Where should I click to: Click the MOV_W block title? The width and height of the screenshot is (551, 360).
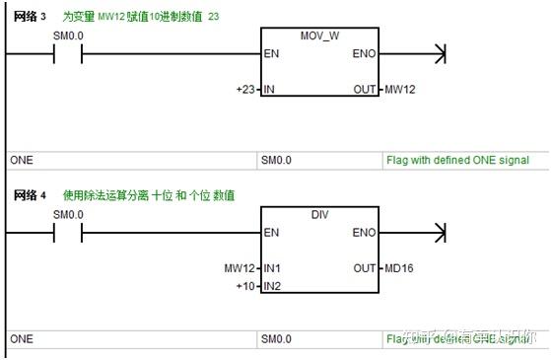(x=320, y=36)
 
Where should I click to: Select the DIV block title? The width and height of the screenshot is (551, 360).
(x=320, y=214)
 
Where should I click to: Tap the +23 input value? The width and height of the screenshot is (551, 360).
(x=247, y=90)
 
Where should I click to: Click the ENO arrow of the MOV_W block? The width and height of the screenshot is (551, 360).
(x=440, y=53)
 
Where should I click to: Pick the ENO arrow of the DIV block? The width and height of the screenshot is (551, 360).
(x=440, y=232)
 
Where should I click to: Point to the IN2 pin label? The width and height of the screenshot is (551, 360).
(x=273, y=286)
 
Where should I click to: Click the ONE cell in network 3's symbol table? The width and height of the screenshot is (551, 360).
(x=21, y=160)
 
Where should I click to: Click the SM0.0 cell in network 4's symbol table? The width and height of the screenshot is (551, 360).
(x=276, y=338)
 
